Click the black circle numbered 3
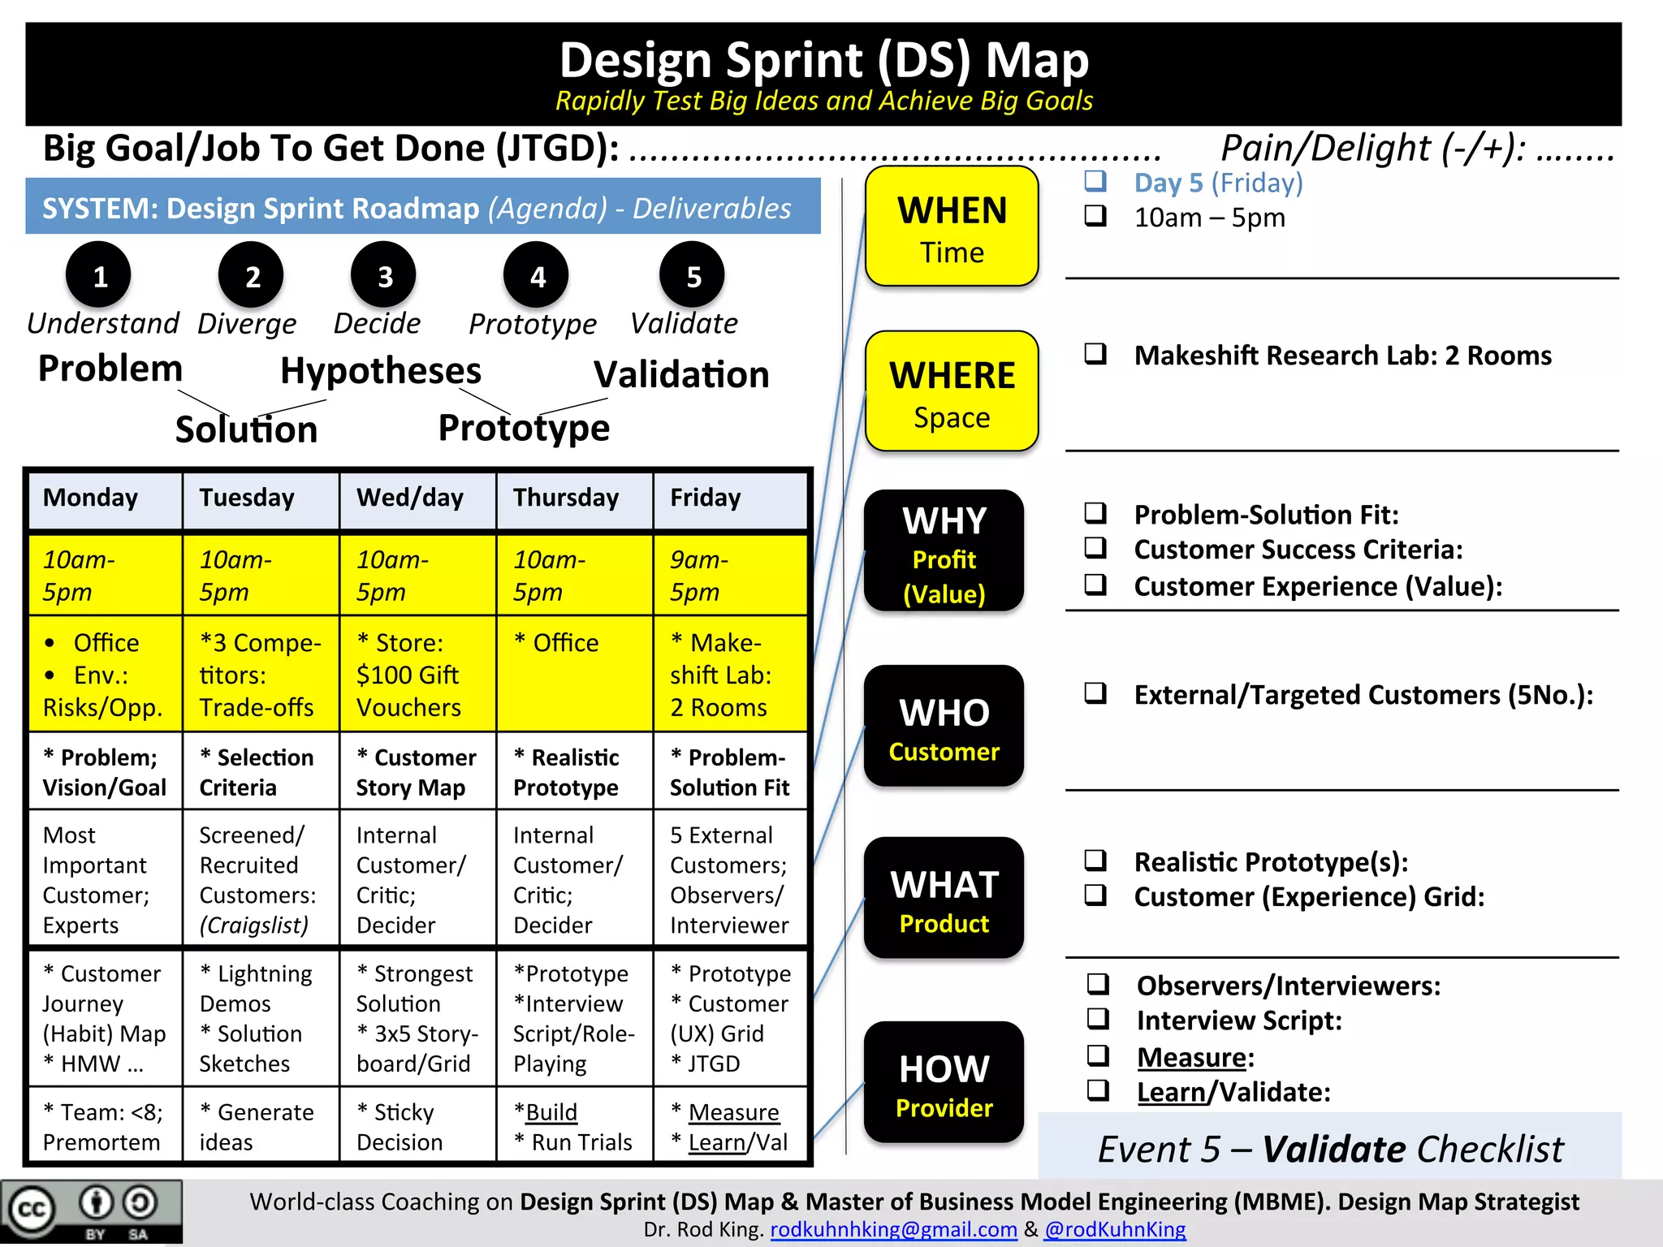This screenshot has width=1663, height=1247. click(383, 276)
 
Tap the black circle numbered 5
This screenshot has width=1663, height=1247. click(692, 276)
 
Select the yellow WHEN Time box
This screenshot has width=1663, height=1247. click(952, 227)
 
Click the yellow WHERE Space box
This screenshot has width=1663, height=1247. click(952, 391)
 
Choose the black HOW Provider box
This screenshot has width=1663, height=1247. click(944, 1082)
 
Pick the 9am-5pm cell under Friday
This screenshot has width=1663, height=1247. click(730, 575)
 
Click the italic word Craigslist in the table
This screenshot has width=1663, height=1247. click(254, 926)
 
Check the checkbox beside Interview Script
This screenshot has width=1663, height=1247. click(1099, 1019)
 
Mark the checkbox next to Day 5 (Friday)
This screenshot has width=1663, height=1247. click(1095, 181)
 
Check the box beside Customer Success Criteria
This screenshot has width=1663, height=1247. click(1095, 548)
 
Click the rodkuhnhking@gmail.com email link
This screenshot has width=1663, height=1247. click(893, 1230)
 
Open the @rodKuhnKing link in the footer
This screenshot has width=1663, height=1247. click(1115, 1230)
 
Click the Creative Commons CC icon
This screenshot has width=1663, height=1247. click(31, 1210)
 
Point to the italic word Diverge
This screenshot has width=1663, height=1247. click(247, 324)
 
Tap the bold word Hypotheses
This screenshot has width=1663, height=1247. click(381, 371)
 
